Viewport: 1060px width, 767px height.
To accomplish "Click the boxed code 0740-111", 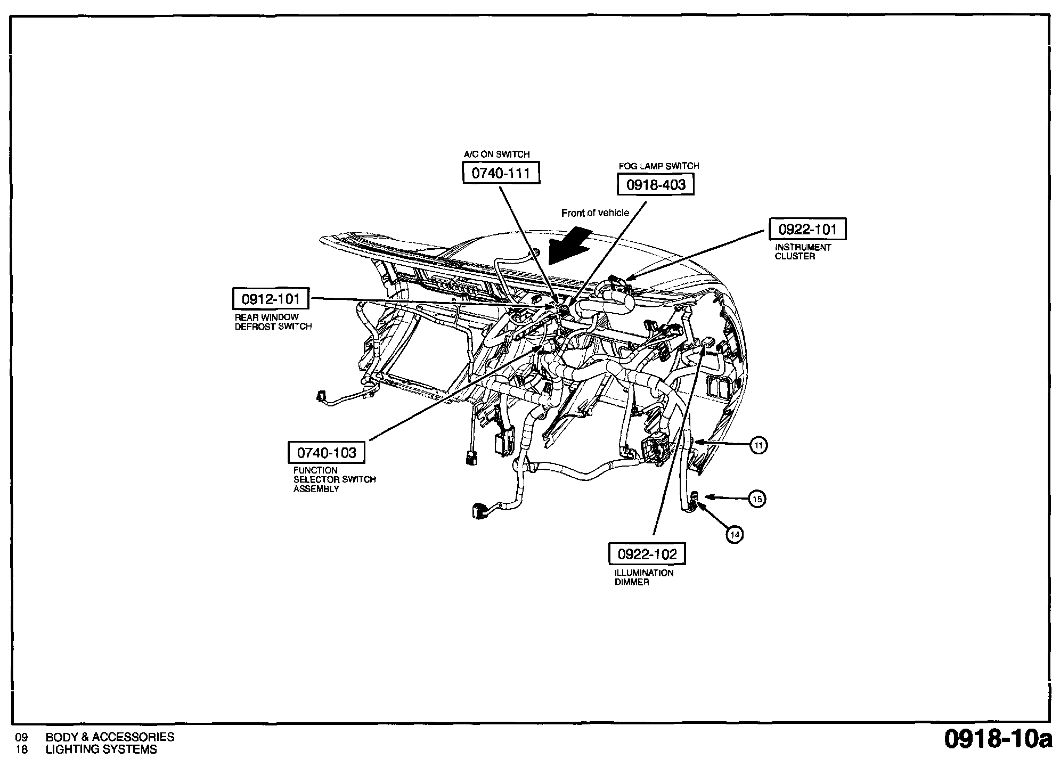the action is click(501, 173).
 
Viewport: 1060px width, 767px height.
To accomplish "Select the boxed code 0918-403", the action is click(656, 185).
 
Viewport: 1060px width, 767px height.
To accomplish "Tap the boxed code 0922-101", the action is click(808, 230).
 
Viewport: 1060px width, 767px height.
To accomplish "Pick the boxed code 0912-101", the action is click(271, 299).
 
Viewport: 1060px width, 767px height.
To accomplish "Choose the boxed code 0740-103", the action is click(327, 453).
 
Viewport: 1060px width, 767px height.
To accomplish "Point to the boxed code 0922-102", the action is click(647, 554).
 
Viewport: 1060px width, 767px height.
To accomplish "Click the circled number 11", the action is click(759, 445).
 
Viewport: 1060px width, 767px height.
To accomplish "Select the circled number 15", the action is click(757, 499).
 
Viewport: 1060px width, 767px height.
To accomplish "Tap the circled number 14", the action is click(735, 534).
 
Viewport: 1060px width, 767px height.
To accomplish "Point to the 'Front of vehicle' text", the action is click(595, 213).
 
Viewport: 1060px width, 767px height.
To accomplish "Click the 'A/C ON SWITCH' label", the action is click(496, 154).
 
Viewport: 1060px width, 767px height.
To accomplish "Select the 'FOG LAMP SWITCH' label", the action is click(659, 166).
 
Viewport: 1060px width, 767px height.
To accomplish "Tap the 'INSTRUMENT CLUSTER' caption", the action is click(803, 252).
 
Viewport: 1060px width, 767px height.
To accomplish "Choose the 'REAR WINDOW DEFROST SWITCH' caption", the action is click(273, 322).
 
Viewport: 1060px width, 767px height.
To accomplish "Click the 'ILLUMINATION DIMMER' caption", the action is click(644, 577).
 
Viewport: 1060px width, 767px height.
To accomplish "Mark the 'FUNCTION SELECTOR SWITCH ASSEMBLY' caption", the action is click(335, 479).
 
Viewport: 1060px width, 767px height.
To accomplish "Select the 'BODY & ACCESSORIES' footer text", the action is click(110, 737).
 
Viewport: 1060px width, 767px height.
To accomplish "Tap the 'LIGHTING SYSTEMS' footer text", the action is click(101, 749).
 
